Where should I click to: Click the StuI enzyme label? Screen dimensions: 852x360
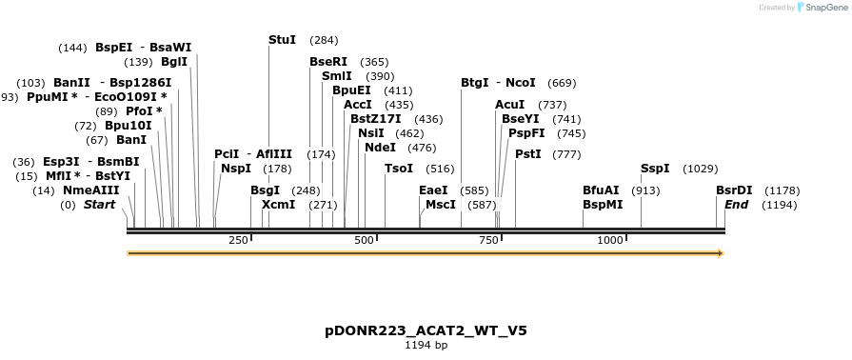click(283, 40)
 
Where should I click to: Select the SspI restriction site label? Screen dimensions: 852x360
click(655, 169)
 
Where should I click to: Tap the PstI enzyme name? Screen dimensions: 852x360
click(528, 154)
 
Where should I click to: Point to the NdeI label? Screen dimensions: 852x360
click(381, 148)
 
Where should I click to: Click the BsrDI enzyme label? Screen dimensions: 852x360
click(734, 190)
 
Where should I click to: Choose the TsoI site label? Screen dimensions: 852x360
click(399, 169)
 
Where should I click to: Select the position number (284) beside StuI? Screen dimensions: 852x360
click(324, 40)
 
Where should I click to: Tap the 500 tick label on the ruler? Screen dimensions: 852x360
click(364, 240)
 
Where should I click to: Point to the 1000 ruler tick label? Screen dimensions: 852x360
click(610, 240)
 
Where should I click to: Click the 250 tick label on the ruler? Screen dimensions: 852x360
click(238, 240)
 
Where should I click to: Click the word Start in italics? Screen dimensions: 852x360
click(99, 205)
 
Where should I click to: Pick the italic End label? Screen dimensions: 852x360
click(736, 205)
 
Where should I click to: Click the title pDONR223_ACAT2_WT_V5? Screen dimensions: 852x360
click(426, 331)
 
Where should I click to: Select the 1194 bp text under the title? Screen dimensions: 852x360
click(426, 345)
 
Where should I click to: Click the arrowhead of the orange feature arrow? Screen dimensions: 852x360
click(721, 253)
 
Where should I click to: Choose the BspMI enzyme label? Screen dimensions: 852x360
click(603, 205)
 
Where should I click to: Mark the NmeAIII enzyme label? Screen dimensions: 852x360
click(91, 190)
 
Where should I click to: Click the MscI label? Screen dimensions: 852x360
click(441, 205)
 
